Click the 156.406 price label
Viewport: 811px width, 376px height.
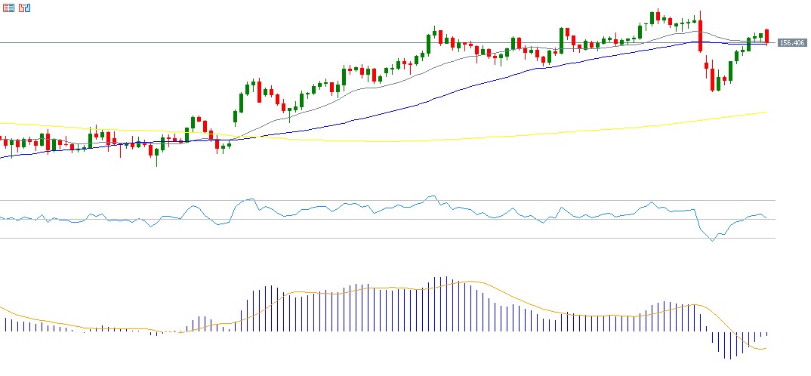tap(791, 43)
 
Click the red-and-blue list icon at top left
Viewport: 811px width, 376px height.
tap(9, 8)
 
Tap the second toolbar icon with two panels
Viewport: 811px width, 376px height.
tap(25, 8)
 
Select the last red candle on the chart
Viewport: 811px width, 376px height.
tap(766, 35)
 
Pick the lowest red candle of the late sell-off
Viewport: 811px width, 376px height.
tap(713, 79)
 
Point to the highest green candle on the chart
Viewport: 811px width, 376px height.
tap(652, 16)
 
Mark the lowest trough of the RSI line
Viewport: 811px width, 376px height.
tap(711, 241)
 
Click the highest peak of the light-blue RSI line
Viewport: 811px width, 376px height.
tap(431, 196)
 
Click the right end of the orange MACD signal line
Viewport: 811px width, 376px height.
tap(766, 348)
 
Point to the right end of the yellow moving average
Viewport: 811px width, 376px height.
tap(766, 112)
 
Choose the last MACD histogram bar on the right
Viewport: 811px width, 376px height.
tap(766, 334)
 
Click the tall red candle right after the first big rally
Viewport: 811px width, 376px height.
tap(259, 91)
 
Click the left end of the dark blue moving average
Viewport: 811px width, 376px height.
tap(2, 157)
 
